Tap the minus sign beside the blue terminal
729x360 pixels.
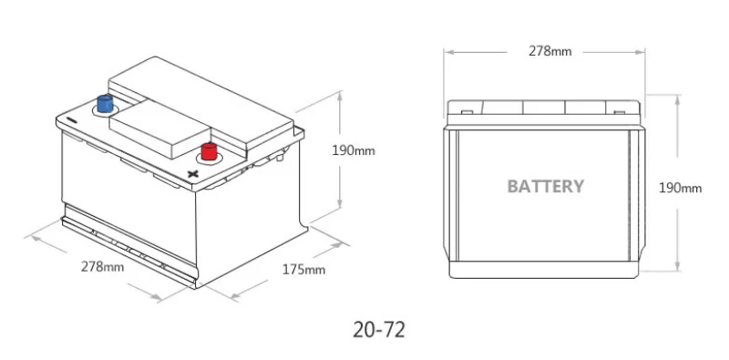pyautogui.click(x=71, y=118)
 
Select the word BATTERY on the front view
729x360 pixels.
pyautogui.click(x=545, y=186)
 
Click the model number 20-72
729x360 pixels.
pyautogui.click(x=378, y=326)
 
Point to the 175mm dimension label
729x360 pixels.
pyautogui.click(x=303, y=269)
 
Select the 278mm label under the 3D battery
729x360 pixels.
pyautogui.click(x=102, y=267)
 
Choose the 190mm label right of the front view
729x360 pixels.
pyautogui.click(x=680, y=188)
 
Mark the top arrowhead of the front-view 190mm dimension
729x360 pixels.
pyautogui.click(x=677, y=95)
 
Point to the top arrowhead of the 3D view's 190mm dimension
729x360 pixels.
pyautogui.click(x=341, y=94)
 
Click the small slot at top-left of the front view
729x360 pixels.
pyautogui.click(x=467, y=114)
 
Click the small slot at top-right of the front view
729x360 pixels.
pyautogui.click(x=621, y=114)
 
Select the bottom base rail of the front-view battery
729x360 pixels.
pyautogui.click(x=545, y=270)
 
